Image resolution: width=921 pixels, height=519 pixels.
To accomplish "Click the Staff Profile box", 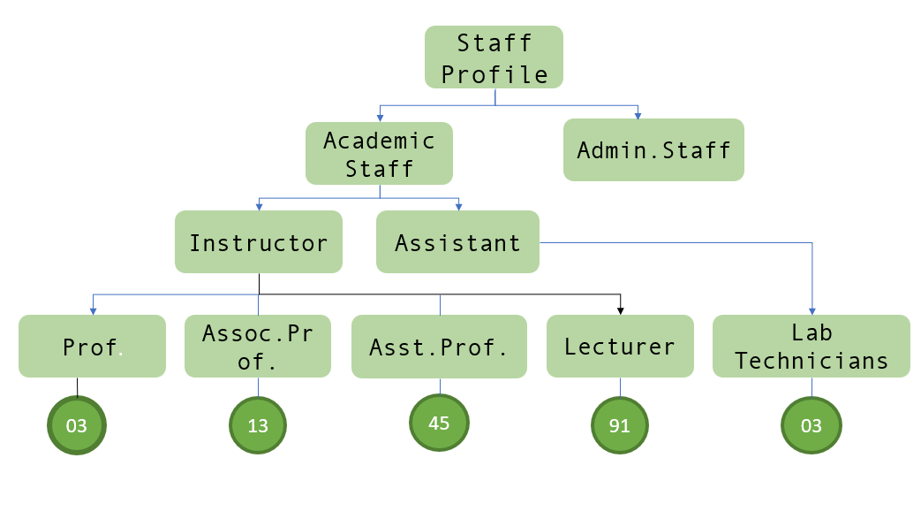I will tap(494, 57).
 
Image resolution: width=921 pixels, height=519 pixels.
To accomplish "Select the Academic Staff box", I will tap(379, 154).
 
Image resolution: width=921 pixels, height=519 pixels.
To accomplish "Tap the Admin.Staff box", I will tap(653, 150).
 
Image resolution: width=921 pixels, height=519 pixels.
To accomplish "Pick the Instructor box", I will tap(258, 242).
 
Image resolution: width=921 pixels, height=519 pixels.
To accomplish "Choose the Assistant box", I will tap(457, 242).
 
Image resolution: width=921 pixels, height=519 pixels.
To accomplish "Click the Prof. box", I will tap(92, 347).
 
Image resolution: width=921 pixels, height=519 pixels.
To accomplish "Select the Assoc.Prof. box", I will tap(258, 347).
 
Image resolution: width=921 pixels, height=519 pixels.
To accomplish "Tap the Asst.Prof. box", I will tap(441, 347).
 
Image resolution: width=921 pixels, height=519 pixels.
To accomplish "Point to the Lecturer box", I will tap(620, 347).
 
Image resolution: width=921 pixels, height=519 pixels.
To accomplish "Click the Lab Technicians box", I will tap(812, 347).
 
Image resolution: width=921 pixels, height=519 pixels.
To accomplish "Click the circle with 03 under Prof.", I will tap(77, 425).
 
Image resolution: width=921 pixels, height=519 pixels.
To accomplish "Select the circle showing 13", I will tap(258, 426).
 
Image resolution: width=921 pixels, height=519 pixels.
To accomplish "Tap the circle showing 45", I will tap(439, 423).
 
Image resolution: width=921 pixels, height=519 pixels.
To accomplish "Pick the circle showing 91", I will tap(619, 426).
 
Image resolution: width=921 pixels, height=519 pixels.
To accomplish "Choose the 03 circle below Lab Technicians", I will tap(812, 426).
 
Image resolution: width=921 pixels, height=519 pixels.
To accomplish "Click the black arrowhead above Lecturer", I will tap(621, 309).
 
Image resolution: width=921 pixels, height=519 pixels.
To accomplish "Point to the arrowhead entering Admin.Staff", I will tap(637, 114).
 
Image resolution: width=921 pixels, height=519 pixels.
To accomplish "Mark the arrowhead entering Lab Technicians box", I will tap(812, 310).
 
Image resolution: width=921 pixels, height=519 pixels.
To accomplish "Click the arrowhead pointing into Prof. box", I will tap(93, 310).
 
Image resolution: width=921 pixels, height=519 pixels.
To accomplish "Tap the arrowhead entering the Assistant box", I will tap(459, 207).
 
